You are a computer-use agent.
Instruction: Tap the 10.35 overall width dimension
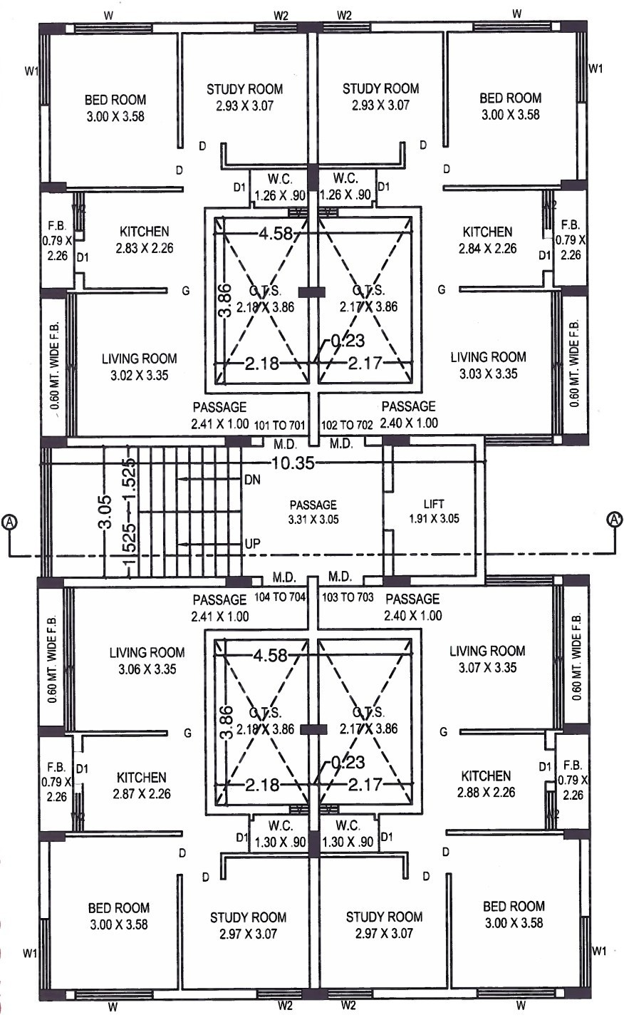click(292, 463)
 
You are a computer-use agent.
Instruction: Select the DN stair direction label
click(252, 480)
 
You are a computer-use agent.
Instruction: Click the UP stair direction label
click(252, 544)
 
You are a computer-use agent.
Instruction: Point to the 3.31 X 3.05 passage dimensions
click(313, 520)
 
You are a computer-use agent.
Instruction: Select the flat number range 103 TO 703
click(348, 597)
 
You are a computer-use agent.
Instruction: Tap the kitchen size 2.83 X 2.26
click(144, 249)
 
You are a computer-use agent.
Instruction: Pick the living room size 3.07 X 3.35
click(487, 668)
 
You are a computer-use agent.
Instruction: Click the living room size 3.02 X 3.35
click(139, 376)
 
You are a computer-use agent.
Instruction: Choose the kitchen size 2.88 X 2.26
click(486, 792)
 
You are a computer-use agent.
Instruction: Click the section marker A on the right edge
click(614, 520)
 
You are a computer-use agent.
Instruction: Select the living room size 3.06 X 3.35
click(147, 669)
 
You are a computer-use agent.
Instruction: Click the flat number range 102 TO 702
click(348, 425)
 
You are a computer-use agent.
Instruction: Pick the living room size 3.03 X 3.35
click(488, 374)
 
